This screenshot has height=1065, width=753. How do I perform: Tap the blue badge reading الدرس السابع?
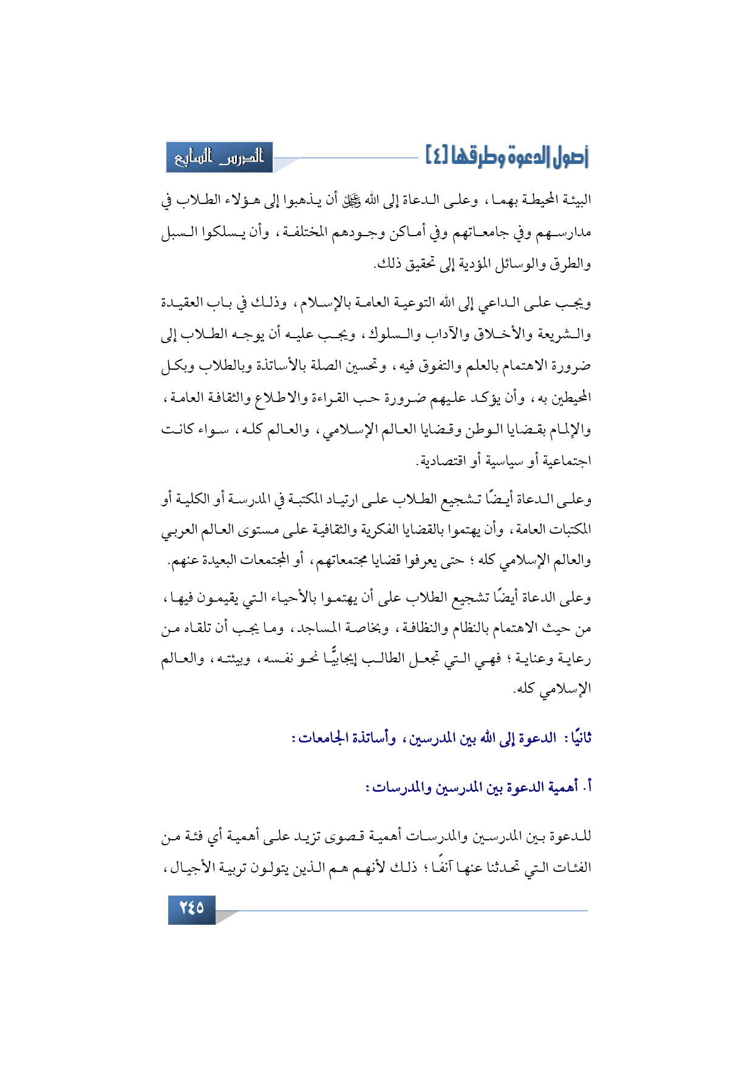[219, 157]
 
